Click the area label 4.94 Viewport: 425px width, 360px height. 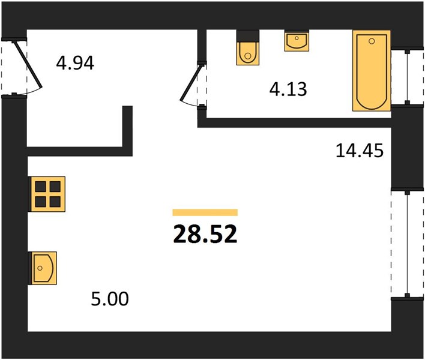click(75, 63)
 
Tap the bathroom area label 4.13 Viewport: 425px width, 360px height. click(288, 89)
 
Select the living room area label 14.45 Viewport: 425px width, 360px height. click(360, 151)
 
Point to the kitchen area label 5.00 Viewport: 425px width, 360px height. click(110, 299)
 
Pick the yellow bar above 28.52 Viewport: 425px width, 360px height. click(205, 212)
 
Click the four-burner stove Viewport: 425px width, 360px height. click(47, 194)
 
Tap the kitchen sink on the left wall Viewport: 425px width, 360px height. click(43, 268)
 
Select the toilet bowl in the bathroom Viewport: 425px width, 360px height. click(248, 53)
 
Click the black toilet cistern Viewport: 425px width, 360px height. click(248, 36)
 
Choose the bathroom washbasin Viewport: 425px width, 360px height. click(297, 41)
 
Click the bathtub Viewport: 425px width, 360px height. click(372, 71)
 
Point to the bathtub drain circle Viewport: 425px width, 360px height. click(372, 41)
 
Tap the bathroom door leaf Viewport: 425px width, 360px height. click(191, 83)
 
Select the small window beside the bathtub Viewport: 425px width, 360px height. click(407, 77)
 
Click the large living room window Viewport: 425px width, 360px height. click(407, 244)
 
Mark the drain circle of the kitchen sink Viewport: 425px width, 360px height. click(40, 268)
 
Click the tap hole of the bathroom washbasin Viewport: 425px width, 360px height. click(297, 38)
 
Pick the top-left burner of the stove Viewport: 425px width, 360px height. click(41, 187)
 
